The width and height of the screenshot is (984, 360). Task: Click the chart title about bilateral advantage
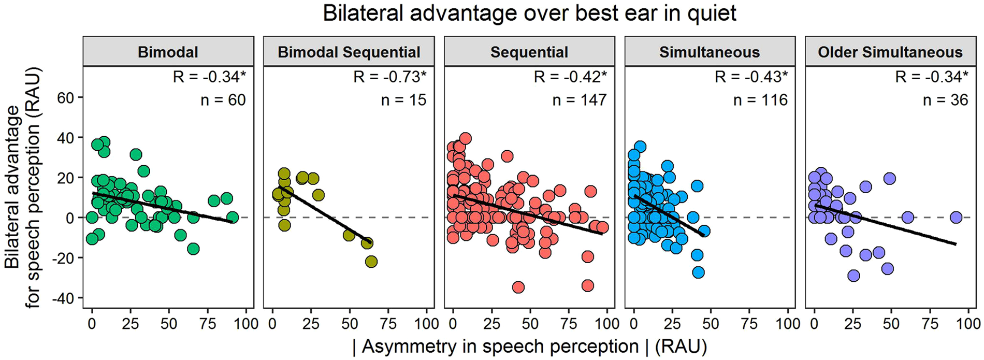click(529, 13)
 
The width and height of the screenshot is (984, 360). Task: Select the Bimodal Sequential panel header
click(349, 52)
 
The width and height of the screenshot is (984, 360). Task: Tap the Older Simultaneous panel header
click(890, 52)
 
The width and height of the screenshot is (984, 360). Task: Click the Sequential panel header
click(529, 52)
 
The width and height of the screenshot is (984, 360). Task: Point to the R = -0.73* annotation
click(390, 77)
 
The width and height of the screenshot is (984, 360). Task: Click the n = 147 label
click(579, 100)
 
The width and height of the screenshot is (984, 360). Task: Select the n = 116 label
click(760, 100)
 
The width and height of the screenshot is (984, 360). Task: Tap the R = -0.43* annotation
click(751, 77)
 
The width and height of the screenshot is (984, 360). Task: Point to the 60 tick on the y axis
click(66, 98)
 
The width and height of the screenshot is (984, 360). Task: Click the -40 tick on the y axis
click(63, 298)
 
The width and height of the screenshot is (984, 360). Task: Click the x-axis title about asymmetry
click(529, 346)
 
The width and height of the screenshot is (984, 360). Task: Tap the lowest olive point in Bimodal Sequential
click(371, 262)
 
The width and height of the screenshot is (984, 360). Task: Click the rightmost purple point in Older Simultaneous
click(956, 218)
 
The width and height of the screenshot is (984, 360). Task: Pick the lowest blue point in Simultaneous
click(698, 272)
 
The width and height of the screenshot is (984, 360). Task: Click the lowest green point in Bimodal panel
click(193, 249)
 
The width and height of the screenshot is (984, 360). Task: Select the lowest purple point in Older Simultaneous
click(853, 276)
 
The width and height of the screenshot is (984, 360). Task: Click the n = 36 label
click(945, 100)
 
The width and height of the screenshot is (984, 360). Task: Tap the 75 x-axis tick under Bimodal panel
click(207, 324)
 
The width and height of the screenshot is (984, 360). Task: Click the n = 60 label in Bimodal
click(223, 100)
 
